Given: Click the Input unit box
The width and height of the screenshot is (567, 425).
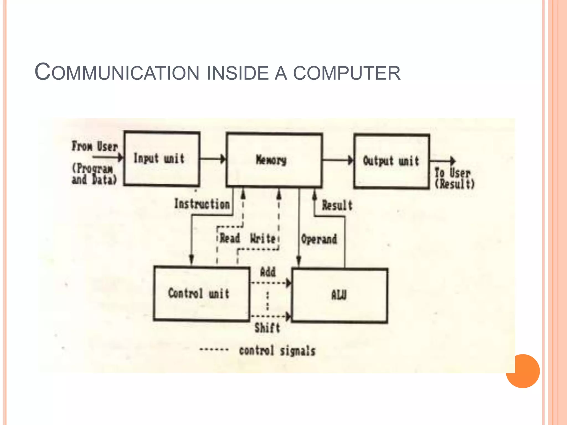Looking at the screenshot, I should click(162, 159).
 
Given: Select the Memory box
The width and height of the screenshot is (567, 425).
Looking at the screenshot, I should click(274, 160).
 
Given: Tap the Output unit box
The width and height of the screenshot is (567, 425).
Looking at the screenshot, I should click(392, 161).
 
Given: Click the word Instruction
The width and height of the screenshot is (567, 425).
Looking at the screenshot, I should click(202, 204).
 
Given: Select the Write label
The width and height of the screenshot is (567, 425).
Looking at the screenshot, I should click(263, 239).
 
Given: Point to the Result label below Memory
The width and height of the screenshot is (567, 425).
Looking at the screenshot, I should click(337, 206).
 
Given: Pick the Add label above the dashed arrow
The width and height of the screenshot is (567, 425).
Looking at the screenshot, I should click(268, 272).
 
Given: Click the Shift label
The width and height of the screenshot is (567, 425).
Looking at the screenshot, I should click(267, 328).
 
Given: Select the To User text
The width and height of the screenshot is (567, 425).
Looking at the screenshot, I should click(452, 173).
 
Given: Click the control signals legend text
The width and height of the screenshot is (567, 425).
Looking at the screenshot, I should click(277, 351).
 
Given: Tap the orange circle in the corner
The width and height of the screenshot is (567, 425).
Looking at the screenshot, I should click(523, 371).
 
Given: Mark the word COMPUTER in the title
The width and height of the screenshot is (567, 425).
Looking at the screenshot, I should click(347, 73).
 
